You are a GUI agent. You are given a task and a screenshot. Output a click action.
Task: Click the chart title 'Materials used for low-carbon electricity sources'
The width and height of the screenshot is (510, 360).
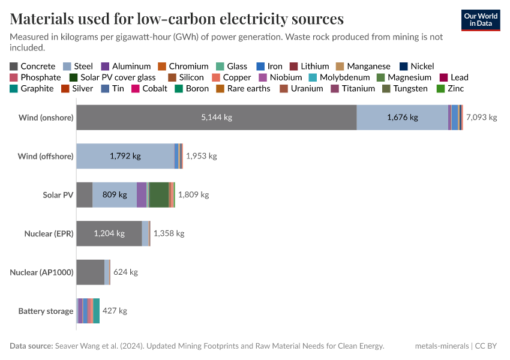click(177, 19)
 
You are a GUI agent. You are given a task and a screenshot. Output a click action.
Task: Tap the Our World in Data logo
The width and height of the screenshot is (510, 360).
click(481, 20)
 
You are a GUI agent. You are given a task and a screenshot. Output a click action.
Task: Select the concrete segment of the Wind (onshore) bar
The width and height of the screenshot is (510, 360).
click(216, 118)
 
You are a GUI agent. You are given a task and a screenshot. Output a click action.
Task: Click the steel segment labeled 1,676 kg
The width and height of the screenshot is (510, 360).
click(402, 118)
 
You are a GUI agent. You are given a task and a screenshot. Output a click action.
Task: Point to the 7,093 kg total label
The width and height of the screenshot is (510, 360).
click(481, 118)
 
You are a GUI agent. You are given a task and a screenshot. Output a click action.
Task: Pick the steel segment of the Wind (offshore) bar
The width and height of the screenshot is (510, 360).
click(125, 156)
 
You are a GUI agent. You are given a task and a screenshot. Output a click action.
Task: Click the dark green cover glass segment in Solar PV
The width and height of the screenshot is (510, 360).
click(159, 195)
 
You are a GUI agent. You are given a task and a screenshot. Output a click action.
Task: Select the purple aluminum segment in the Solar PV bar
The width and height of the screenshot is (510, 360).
click(142, 195)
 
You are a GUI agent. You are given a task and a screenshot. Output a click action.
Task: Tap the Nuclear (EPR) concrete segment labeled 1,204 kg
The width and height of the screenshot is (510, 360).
click(109, 233)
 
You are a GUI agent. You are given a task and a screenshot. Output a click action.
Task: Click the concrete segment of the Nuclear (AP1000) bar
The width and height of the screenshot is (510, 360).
click(90, 272)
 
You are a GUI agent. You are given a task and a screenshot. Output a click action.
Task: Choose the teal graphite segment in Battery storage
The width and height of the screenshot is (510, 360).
click(97, 311)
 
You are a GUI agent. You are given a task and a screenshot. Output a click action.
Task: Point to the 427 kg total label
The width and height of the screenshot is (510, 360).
click(115, 311)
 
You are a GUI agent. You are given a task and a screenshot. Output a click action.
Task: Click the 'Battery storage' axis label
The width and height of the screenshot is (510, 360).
click(46, 311)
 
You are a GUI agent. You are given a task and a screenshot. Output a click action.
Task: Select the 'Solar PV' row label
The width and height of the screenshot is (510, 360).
click(58, 195)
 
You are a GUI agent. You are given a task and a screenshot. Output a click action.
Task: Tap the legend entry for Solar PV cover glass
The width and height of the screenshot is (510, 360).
click(118, 77)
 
